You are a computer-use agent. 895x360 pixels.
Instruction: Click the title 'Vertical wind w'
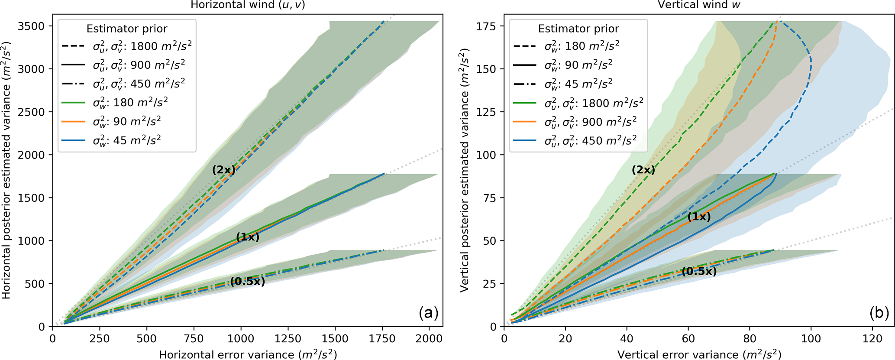(699, 5)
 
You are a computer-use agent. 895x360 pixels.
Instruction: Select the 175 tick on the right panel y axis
(488, 26)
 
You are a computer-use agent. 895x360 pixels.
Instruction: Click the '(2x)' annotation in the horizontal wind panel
(223, 170)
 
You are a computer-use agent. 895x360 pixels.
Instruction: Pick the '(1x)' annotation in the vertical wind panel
(699, 217)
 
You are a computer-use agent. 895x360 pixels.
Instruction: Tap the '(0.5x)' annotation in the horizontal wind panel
(247, 282)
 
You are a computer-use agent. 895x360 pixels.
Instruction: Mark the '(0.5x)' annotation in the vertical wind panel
(699, 272)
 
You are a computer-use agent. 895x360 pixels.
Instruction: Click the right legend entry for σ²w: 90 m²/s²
(578, 65)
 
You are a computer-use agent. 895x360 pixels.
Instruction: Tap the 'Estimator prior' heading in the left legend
(127, 29)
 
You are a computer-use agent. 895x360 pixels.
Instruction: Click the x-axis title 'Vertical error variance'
(699, 354)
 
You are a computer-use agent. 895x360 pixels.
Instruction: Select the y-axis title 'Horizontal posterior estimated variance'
(6, 170)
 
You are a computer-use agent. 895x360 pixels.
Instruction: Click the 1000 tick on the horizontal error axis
(241, 339)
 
